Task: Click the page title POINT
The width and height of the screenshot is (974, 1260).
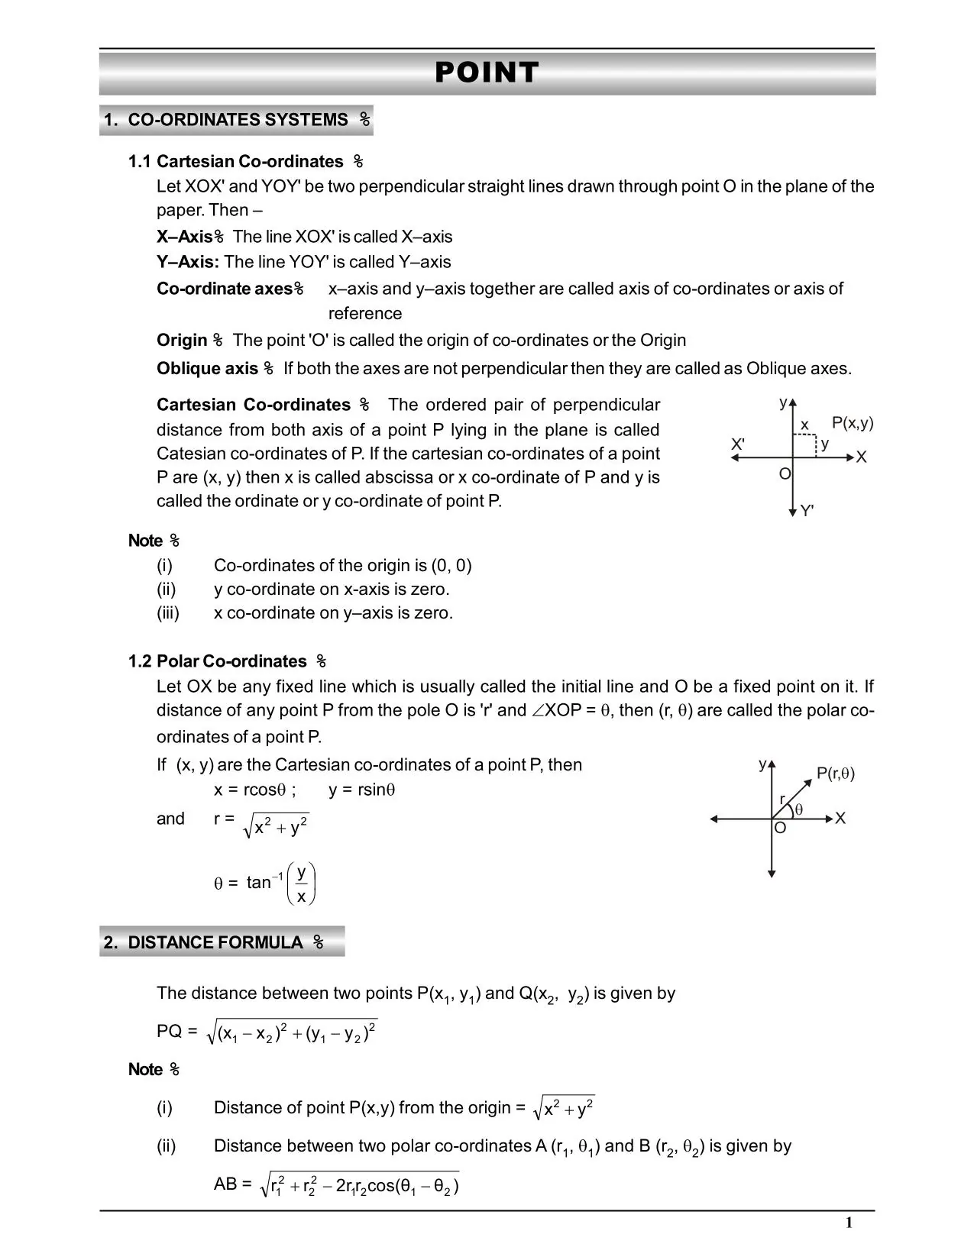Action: click(487, 73)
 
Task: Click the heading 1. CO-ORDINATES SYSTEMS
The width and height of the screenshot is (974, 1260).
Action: click(236, 120)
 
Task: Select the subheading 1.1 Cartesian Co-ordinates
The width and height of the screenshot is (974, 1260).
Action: click(244, 162)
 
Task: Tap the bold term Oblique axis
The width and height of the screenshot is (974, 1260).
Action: click(207, 369)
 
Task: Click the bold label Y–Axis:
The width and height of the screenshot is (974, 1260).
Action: click(187, 262)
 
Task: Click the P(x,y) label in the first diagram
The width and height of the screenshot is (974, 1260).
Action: click(852, 423)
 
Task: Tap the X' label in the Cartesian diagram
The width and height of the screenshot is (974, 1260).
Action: click(737, 444)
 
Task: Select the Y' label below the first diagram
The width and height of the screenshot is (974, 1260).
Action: click(807, 511)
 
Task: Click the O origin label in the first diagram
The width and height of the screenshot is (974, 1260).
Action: click(784, 474)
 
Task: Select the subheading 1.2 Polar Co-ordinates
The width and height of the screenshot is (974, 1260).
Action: click(226, 661)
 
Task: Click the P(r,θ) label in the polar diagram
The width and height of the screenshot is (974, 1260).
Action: click(835, 774)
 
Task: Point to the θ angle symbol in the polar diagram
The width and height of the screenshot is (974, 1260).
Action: click(799, 809)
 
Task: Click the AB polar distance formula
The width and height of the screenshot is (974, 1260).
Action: click(359, 1186)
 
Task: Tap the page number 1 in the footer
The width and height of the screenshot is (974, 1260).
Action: click(849, 1223)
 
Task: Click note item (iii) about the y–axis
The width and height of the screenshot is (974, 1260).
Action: click(333, 613)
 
